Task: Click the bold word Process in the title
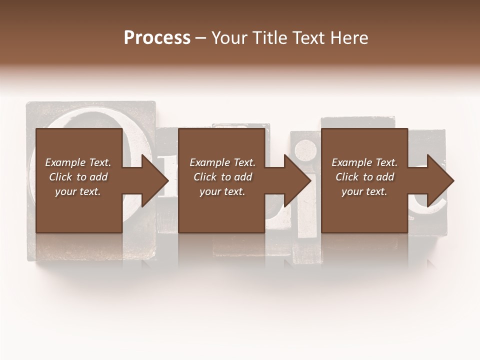157,38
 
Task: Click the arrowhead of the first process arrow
155,180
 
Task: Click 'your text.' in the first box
77,191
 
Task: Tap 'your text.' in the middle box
222,191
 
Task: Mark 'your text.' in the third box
364,191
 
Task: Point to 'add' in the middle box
242,177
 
